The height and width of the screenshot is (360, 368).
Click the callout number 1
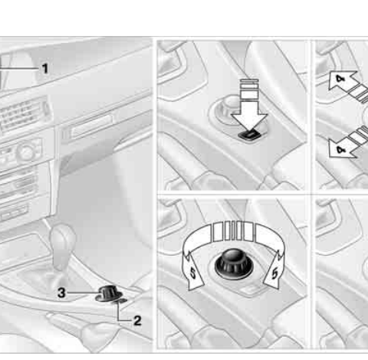click(45, 68)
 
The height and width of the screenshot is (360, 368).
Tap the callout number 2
click(137, 321)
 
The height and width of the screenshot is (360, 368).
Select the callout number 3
click(61, 293)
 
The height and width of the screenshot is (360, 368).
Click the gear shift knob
click(63, 237)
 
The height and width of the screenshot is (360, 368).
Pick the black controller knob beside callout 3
click(108, 293)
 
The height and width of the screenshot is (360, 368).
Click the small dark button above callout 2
click(122, 301)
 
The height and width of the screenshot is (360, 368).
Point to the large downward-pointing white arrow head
click(249, 121)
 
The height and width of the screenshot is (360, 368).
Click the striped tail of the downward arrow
click(249, 89)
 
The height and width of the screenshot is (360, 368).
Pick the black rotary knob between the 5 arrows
click(234, 263)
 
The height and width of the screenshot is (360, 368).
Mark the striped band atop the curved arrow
click(233, 231)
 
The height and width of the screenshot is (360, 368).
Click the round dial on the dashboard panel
click(25, 152)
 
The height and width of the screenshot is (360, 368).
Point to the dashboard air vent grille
click(22, 114)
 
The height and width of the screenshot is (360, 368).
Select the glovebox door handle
click(90, 126)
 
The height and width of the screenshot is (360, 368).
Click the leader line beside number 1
click(19, 68)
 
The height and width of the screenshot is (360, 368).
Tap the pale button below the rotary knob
click(250, 290)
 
